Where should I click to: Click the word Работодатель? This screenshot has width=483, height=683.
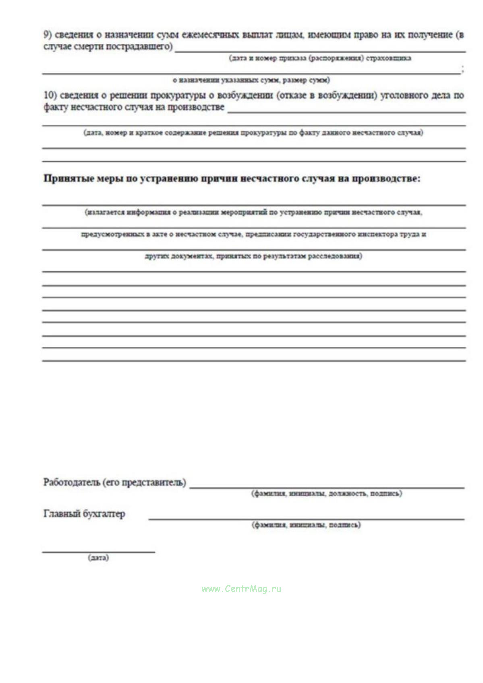[71, 482]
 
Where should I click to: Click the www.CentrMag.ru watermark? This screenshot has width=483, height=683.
[241, 589]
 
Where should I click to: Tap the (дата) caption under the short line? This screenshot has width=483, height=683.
[98, 558]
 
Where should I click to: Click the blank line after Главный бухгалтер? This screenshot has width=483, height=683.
[306, 519]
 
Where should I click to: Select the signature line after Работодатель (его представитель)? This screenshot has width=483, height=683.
[326, 488]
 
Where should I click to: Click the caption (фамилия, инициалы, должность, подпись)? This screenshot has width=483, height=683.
[326, 493]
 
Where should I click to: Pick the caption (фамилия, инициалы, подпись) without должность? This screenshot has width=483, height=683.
[306, 525]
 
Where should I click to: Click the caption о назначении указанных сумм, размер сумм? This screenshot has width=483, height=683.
[251, 80]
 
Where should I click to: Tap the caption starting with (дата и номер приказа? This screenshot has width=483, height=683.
[320, 58]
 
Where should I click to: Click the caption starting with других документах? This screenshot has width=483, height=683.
[253, 256]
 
